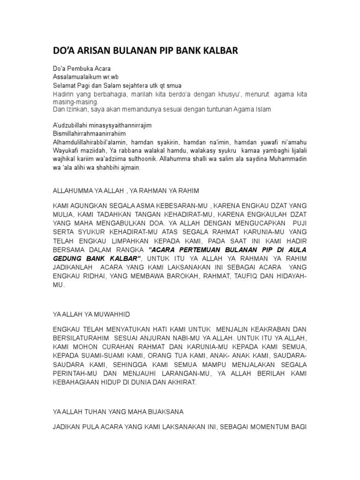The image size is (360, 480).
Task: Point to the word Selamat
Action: click(63, 86)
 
